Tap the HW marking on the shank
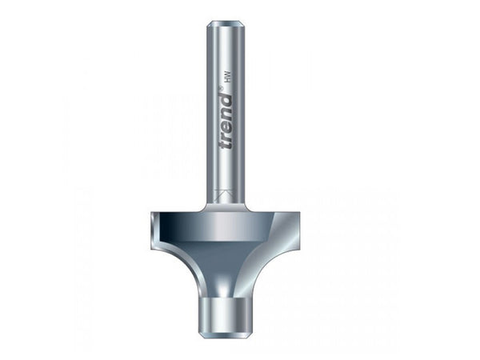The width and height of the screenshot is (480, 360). tap(227, 81)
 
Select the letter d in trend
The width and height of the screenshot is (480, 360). tap(226, 101)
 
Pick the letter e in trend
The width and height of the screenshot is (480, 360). tap(228, 126)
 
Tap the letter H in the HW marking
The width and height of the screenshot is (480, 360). tap(227, 84)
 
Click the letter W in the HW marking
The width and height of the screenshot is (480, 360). tap(227, 78)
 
